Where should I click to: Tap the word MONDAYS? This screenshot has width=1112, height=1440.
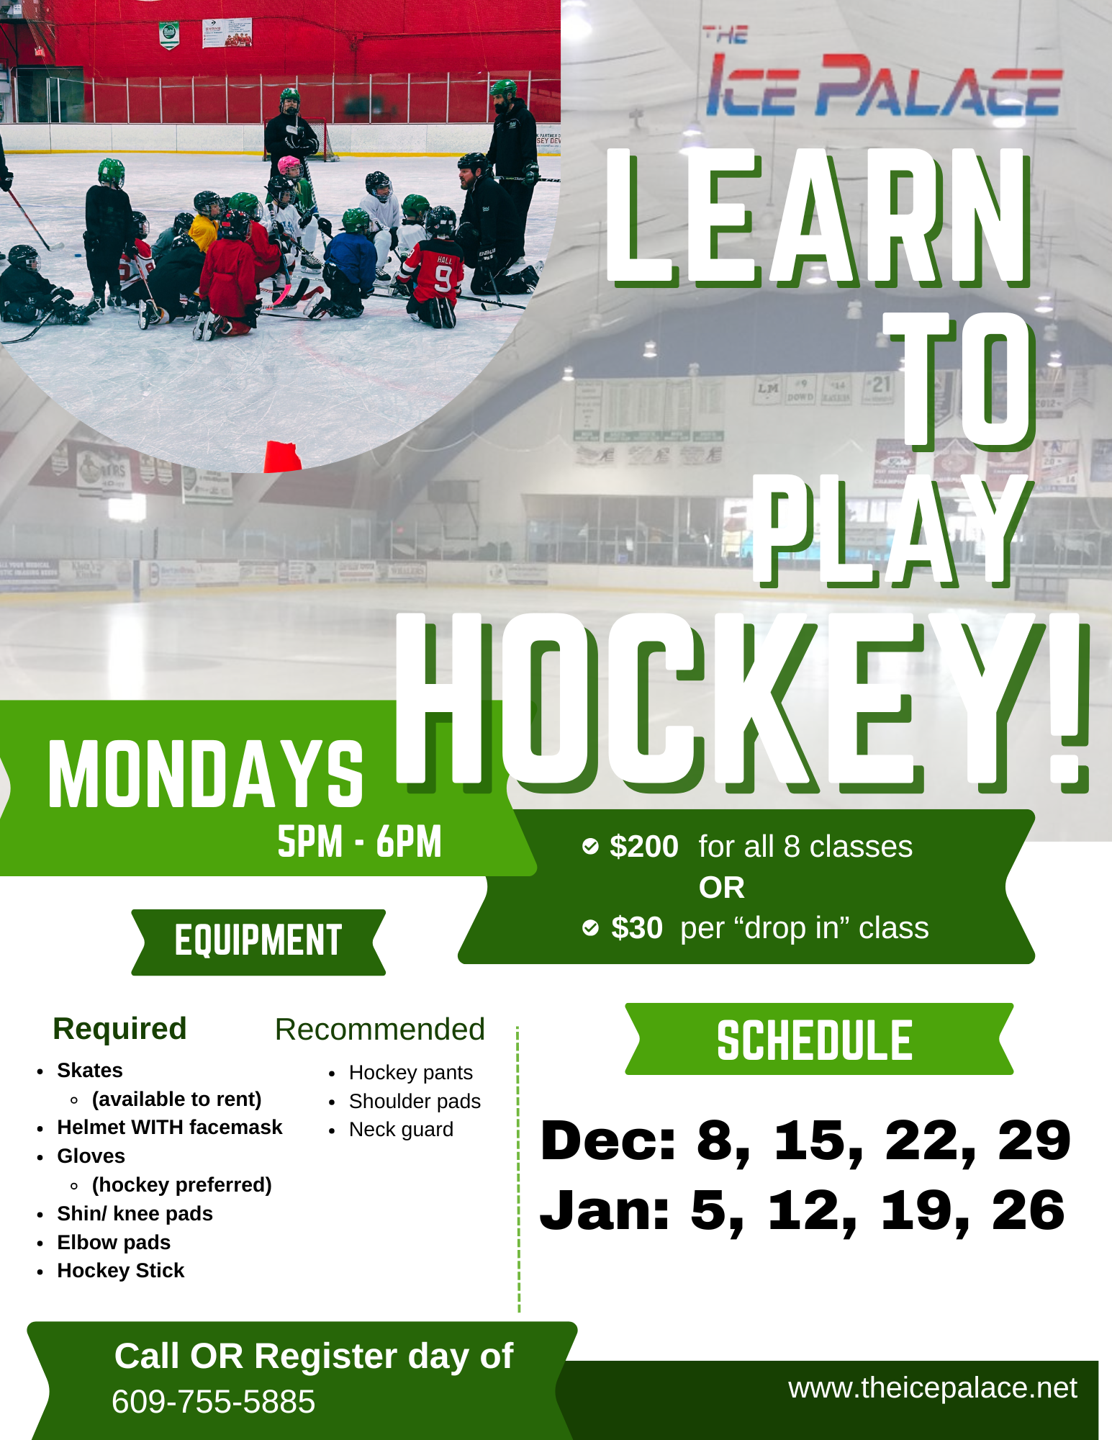[x=206, y=775]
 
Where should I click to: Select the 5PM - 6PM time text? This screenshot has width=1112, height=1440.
[x=359, y=842]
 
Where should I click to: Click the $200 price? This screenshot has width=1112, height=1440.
[x=643, y=847]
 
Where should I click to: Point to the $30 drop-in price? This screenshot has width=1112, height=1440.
[x=636, y=928]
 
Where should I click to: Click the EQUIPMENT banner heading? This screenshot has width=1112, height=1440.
[x=258, y=941]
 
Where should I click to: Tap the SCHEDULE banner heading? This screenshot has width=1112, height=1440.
[x=815, y=1040]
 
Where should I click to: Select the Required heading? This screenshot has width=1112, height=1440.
[x=119, y=1028]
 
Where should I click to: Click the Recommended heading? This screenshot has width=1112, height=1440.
[x=379, y=1030]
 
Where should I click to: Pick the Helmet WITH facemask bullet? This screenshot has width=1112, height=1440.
[x=169, y=1127]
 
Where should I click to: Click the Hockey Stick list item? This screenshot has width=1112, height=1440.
[x=120, y=1270]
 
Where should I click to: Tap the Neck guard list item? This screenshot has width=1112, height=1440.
[x=401, y=1129]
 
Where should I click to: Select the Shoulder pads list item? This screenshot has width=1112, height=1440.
[x=415, y=1101]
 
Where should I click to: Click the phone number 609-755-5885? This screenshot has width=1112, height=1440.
[x=214, y=1402]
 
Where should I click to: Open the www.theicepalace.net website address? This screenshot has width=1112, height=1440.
[x=933, y=1387]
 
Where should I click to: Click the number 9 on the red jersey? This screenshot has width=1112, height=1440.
[x=443, y=278]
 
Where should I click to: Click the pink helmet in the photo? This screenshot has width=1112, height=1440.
[x=290, y=166]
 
